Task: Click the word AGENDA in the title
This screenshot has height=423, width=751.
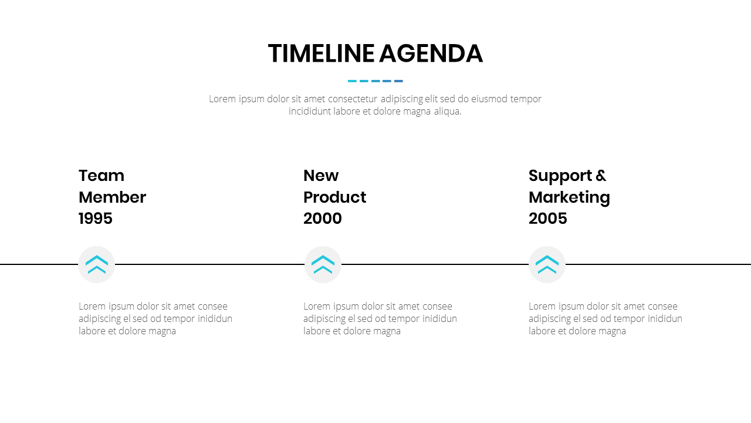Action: coord(431,53)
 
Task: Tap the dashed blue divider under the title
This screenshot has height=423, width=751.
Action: coord(375,81)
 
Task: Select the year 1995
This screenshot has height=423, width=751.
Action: coord(96,219)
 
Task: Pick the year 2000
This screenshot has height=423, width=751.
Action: coord(323,219)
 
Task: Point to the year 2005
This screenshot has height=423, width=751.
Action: coord(548,219)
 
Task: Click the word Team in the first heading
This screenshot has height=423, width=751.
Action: coord(102,176)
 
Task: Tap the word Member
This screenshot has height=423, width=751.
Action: coord(112,197)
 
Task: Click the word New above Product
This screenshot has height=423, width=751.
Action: coord(321,176)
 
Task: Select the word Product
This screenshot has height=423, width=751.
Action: coord(335,197)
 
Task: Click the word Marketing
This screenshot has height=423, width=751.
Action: coord(569,198)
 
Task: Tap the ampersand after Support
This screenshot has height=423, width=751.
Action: coord(601,176)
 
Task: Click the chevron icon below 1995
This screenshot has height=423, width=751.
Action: coord(97,264)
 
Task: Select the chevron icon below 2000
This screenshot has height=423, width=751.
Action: coord(323,264)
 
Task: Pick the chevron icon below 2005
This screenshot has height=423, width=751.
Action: coord(547,264)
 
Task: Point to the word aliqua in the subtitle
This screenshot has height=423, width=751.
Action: coord(448,112)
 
